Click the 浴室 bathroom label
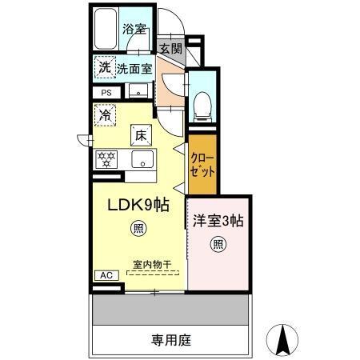[133, 29]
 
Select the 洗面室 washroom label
[133, 69]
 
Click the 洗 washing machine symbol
[105, 68]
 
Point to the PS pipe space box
[106, 93]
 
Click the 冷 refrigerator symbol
[106, 116]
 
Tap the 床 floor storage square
[141, 134]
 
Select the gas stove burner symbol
[107, 158]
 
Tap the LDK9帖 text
[138, 205]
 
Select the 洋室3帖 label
[218, 222]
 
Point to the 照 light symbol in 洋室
[217, 244]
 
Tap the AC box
[106, 275]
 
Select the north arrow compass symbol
[282, 341]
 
